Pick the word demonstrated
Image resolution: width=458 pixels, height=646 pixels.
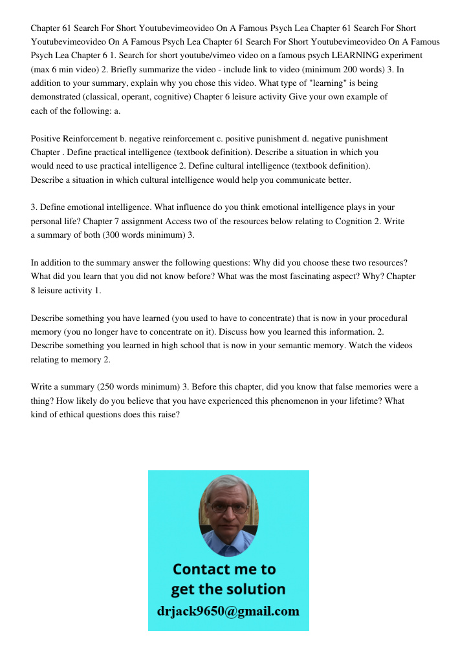coord(59,97)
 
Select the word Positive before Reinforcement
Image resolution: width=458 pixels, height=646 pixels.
coord(45,139)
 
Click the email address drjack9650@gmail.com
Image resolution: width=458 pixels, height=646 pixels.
coord(228,611)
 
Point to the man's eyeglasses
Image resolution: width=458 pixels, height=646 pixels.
coord(228,508)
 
